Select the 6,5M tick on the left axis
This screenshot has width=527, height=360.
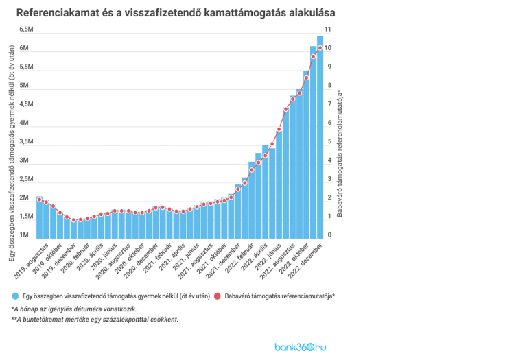point(27,29)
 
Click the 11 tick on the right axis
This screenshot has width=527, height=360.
point(327,29)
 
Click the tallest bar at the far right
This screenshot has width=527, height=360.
point(320,137)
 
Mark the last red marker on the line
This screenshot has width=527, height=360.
point(320,47)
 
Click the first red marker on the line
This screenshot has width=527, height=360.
point(39,200)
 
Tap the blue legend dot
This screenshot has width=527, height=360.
point(14,296)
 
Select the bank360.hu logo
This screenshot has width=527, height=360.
point(300,346)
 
